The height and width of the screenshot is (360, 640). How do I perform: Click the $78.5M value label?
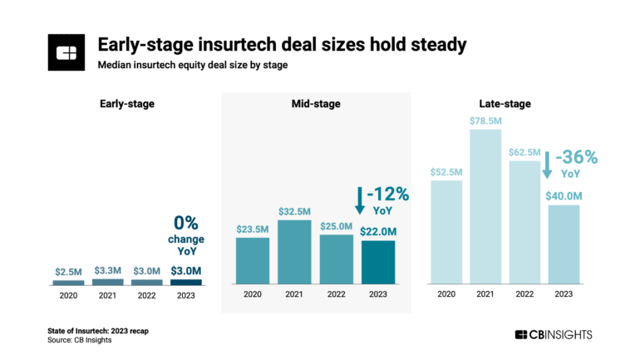click(487, 121)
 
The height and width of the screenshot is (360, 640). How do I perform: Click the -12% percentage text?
click(387, 195)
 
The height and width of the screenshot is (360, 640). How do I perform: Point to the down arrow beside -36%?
click(546, 164)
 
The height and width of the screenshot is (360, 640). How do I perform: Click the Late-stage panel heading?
click(506, 104)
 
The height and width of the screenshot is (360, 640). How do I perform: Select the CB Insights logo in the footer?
click(554, 334)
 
